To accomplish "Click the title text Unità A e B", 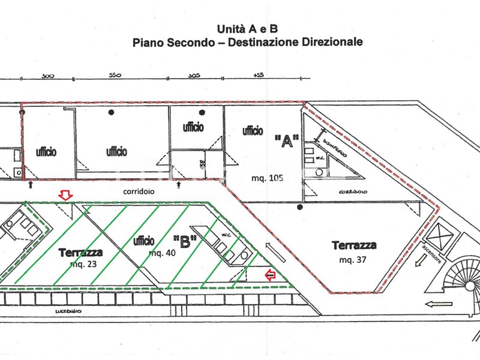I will coord(247,29).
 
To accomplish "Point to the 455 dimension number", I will coord(259,76).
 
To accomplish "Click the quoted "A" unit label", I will coord(286,141).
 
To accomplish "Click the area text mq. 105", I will coord(267,178).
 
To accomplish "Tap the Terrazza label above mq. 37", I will coord(354,245).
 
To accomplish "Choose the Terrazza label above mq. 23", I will coord(81,253).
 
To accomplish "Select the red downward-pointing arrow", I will coord(64,195).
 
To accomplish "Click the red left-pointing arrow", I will coord(271,275).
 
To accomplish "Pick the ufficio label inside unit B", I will coord(144,241).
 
